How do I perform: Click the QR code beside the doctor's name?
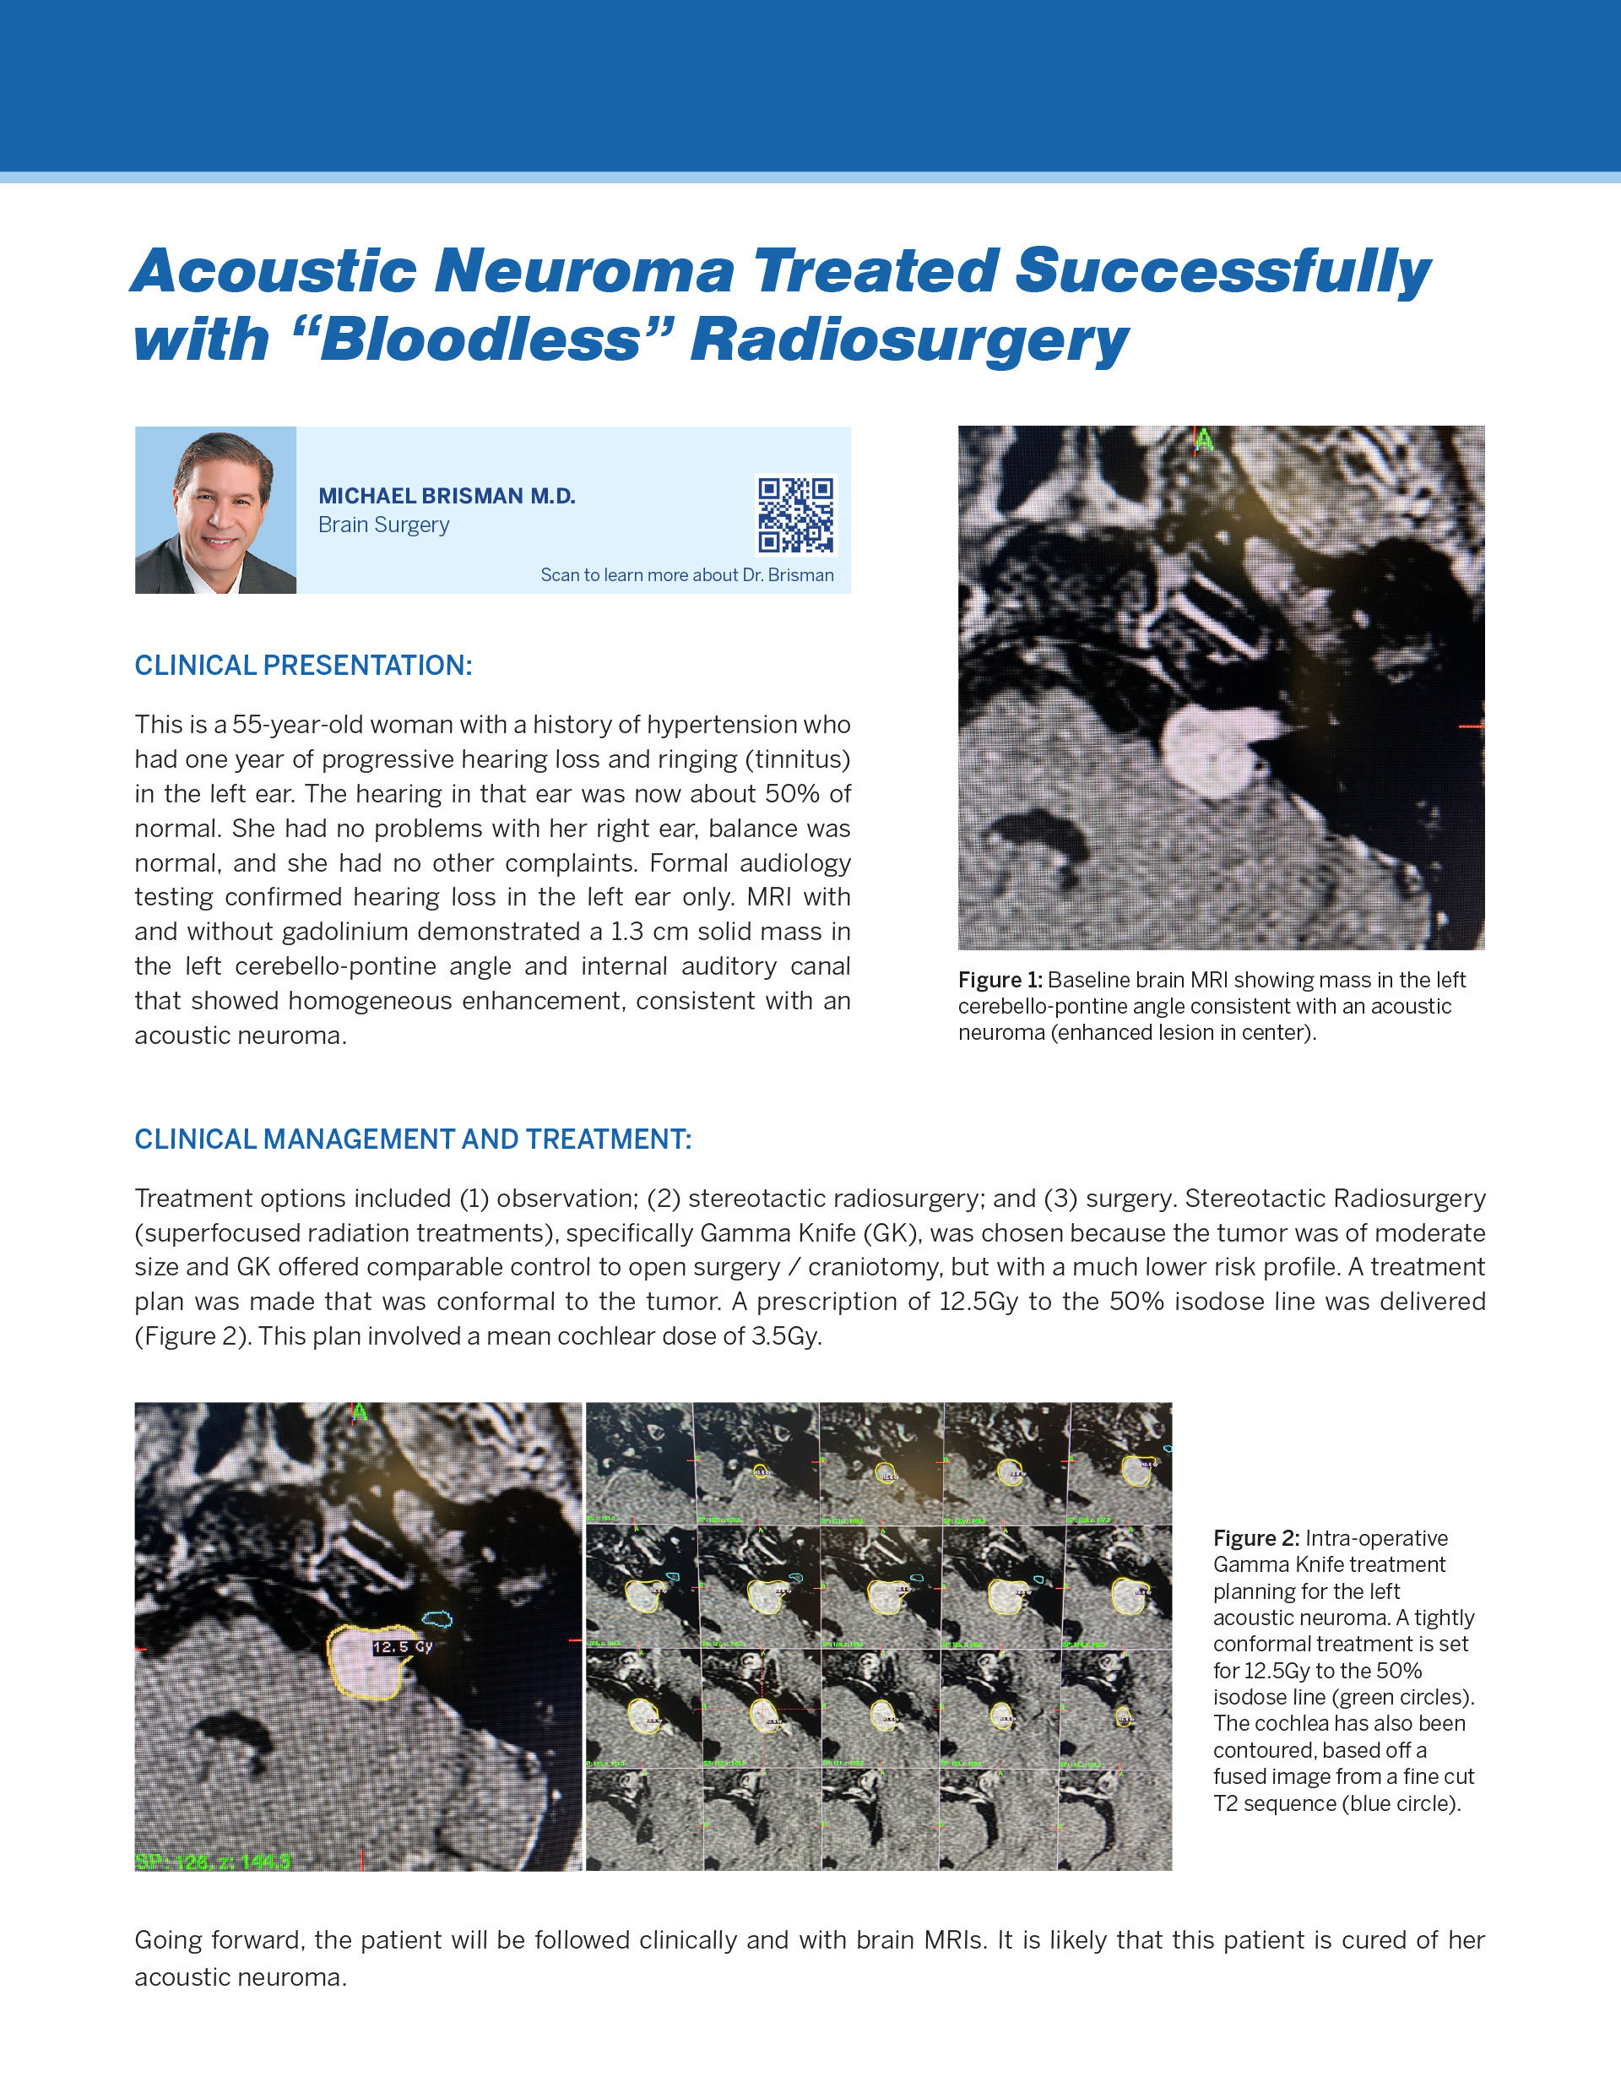795,515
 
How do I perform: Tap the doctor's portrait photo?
215,510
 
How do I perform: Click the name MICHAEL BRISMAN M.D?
447,496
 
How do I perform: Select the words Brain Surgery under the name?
383,525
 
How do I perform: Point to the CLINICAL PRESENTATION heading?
303,665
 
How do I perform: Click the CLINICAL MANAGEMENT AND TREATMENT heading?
412,1139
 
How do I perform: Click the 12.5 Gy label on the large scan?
403,1646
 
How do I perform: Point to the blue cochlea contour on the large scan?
437,1619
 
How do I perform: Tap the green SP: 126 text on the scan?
214,1862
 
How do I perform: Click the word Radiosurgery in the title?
909,340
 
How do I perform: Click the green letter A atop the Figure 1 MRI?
1203,440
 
